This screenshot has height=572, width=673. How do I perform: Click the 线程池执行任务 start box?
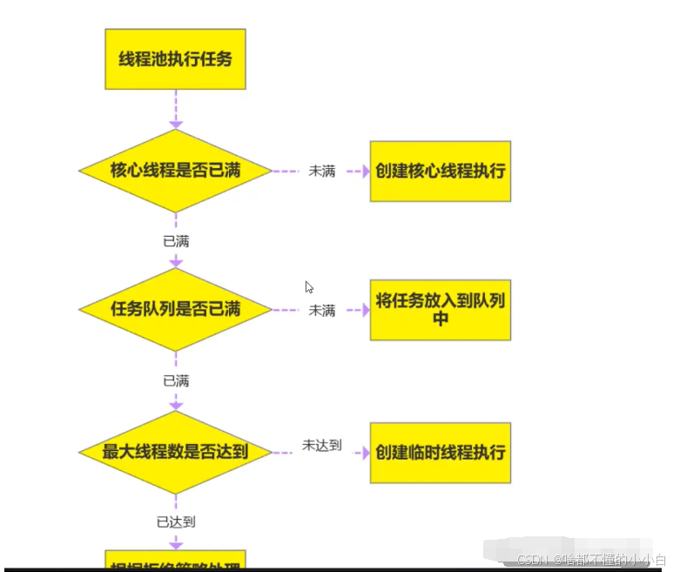coord(175,59)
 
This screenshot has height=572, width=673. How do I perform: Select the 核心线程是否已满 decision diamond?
coord(175,171)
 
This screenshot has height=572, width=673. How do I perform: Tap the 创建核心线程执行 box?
coord(440,171)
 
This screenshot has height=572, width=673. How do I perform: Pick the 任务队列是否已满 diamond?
coord(175,309)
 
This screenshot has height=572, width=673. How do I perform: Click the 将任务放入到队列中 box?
coord(440,309)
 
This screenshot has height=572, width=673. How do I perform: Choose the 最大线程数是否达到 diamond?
coord(175,452)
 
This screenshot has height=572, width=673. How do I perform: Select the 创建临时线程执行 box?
coord(440,453)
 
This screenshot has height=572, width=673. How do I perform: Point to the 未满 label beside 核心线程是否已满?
coord(321,172)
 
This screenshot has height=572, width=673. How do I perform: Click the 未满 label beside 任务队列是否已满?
coord(321,310)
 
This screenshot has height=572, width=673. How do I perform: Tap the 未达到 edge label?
coord(321,446)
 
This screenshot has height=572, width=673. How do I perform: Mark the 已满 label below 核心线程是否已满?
coord(176,240)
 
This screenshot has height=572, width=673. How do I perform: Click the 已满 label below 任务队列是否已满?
coord(176,380)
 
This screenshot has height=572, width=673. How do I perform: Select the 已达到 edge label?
coord(176,522)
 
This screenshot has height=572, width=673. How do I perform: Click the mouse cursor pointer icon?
coord(309,287)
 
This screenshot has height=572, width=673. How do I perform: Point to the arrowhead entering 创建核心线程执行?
coord(365,172)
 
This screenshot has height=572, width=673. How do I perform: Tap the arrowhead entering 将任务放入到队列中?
coord(365,310)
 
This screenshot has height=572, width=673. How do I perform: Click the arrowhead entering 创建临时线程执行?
coord(365,453)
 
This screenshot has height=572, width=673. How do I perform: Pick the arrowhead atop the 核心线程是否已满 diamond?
coord(176,124)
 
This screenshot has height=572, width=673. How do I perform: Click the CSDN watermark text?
coord(592,560)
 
